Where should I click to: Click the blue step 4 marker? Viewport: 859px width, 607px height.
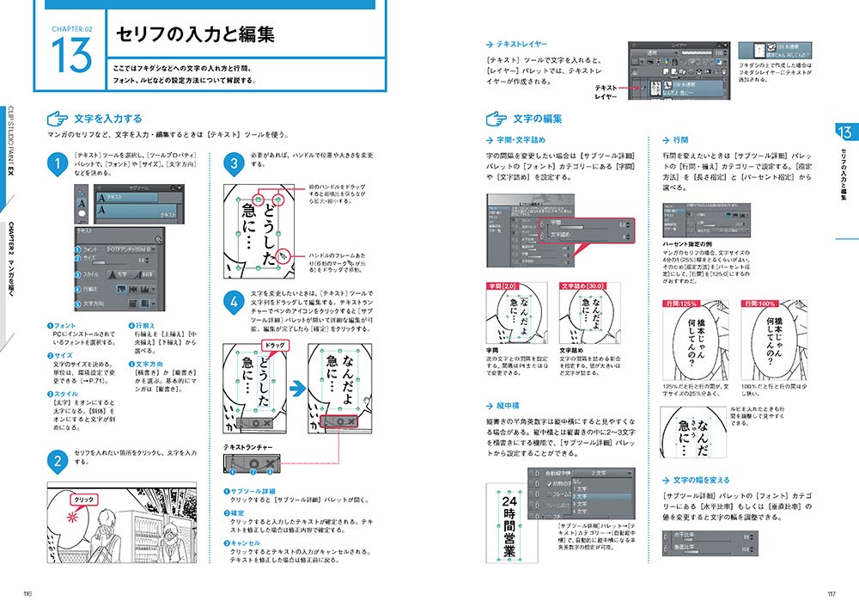click(235, 302)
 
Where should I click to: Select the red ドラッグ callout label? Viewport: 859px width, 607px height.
click(276, 346)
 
